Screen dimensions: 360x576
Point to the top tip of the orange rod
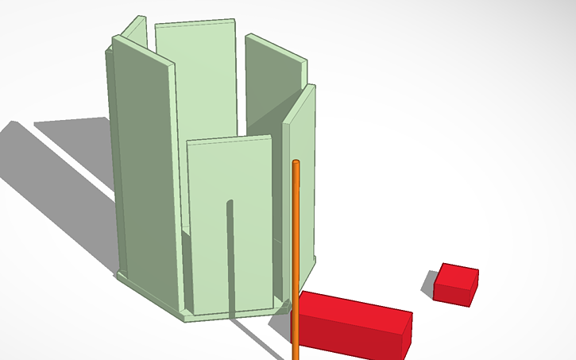click(296, 164)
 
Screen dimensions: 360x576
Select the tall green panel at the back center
click(197, 79)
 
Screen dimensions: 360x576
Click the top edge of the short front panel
click(229, 140)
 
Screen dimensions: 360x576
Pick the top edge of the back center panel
click(195, 22)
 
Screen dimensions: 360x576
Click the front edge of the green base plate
click(230, 313)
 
